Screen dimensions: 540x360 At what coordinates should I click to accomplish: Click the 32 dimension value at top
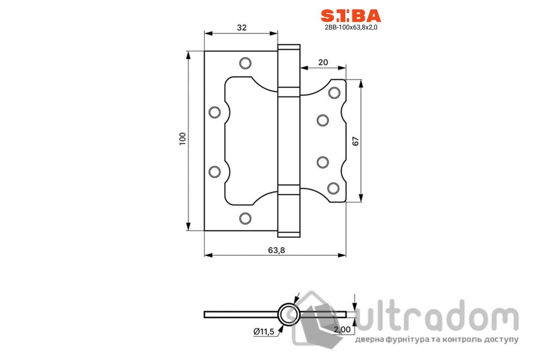click(x=242, y=28)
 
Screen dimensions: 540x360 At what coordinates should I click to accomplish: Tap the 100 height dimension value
click(x=183, y=139)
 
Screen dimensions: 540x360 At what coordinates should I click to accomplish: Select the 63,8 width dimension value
click(x=276, y=250)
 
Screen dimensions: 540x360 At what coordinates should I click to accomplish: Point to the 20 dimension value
click(x=323, y=62)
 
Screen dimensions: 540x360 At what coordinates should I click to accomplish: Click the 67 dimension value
click(x=356, y=141)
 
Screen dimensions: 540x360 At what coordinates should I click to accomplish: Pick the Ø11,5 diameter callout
click(x=264, y=332)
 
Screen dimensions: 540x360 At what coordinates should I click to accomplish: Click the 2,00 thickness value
click(x=342, y=329)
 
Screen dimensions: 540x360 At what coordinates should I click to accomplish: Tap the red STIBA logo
click(x=351, y=16)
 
